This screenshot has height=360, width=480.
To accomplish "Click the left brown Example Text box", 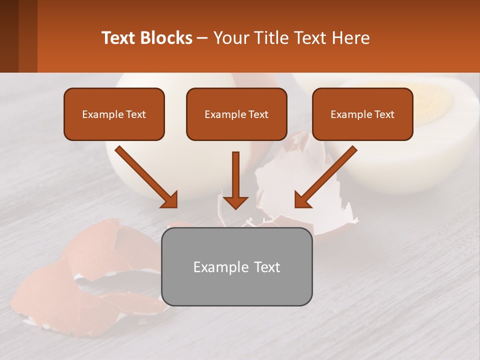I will (114, 114).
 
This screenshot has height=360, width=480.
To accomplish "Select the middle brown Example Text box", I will (236, 114).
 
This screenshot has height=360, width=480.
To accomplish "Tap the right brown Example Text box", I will (362, 114).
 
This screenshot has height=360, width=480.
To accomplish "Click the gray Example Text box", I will (236, 266).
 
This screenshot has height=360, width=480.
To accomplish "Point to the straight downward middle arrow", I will (235, 180).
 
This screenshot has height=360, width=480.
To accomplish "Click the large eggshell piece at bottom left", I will (75, 280).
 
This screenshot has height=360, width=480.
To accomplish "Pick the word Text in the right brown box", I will (384, 114).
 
